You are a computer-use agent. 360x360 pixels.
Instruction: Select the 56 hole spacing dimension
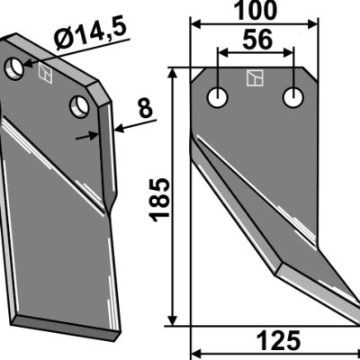[x=257, y=40]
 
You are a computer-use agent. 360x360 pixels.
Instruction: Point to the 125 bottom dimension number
[x=278, y=341]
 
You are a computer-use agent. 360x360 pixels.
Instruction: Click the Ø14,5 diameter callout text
[x=90, y=35]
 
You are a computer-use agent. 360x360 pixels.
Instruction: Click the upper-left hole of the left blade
[x=14, y=68]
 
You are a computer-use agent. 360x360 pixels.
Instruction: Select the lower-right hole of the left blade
[x=79, y=106]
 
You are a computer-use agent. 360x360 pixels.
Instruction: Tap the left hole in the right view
[x=218, y=98]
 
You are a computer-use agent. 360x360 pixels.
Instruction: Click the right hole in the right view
[x=293, y=98]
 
